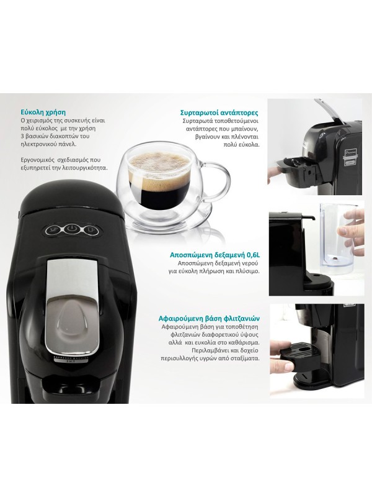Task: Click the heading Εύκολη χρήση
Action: click(x=43, y=112)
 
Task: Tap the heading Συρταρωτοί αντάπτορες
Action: click(x=219, y=112)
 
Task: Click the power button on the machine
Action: click(x=72, y=229)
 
